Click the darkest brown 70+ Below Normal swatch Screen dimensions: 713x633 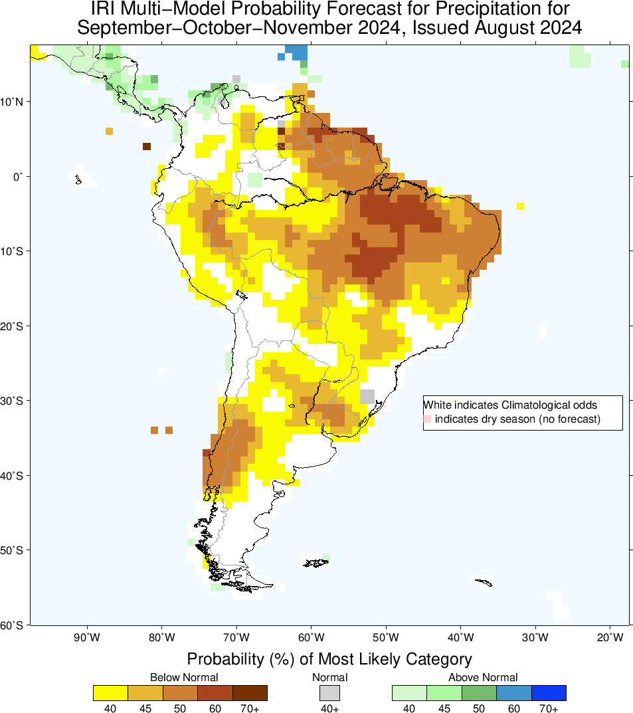coord(250,693)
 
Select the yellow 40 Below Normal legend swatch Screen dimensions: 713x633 coord(110,693)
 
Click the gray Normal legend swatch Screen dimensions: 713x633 coord(329,693)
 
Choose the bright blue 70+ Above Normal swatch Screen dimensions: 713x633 coord(549,693)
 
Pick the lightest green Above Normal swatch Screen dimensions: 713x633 coord(409,693)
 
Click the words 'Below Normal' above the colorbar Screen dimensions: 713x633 coord(184,677)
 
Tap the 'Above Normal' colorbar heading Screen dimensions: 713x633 coord(483,677)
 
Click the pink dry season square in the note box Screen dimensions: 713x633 coord(427,419)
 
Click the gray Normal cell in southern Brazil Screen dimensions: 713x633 coord(367,396)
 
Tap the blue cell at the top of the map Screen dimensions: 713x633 coord(297,51)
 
